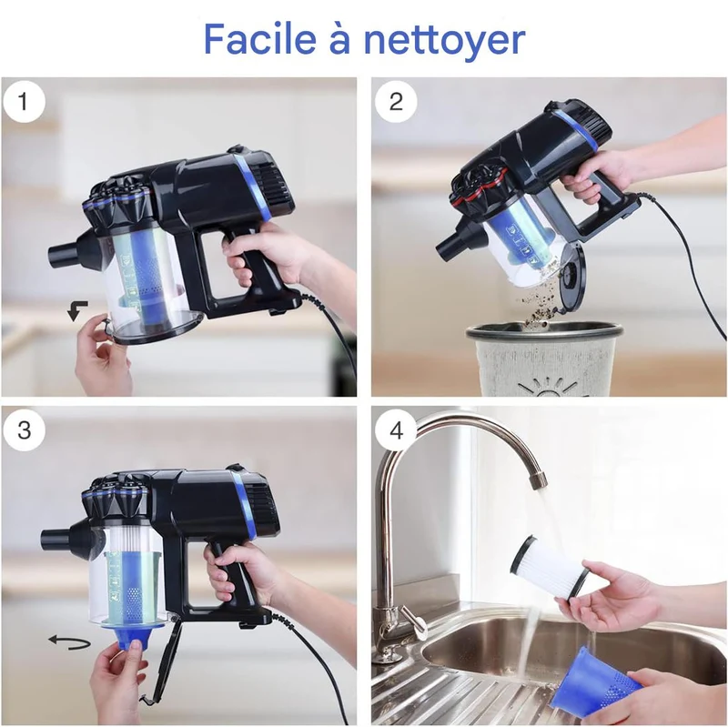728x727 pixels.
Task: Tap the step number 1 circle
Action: (25, 102)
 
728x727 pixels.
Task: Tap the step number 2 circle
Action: (396, 102)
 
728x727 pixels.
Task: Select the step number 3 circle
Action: (25, 430)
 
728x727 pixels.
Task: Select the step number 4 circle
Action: (396, 430)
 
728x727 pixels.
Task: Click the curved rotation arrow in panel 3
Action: (70, 642)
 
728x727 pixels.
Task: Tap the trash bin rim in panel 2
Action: (544, 333)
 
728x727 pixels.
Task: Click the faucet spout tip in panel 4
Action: (539, 481)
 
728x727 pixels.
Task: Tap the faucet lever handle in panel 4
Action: (413, 619)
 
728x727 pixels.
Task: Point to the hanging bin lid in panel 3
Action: (167, 661)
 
